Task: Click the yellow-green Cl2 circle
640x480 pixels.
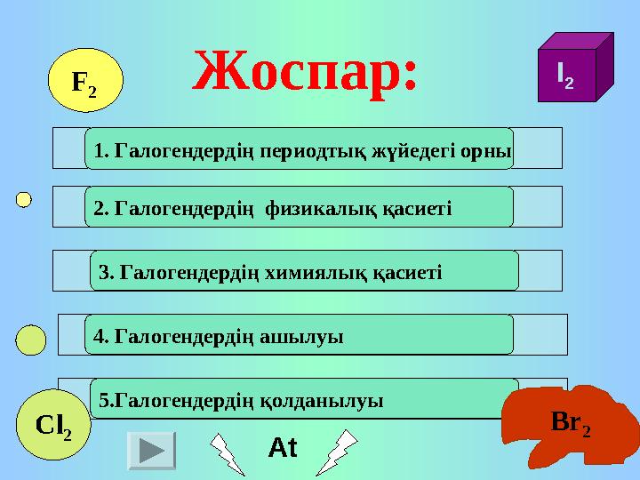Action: pyautogui.click(x=53, y=426)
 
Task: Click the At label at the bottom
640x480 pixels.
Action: pyautogui.click(x=283, y=449)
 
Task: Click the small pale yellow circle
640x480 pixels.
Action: pyautogui.click(x=24, y=198)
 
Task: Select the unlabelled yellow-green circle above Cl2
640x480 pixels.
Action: pyautogui.click(x=32, y=339)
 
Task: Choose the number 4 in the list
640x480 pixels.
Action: pyautogui.click(x=100, y=336)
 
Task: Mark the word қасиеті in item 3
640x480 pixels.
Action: pyautogui.click(x=408, y=272)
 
